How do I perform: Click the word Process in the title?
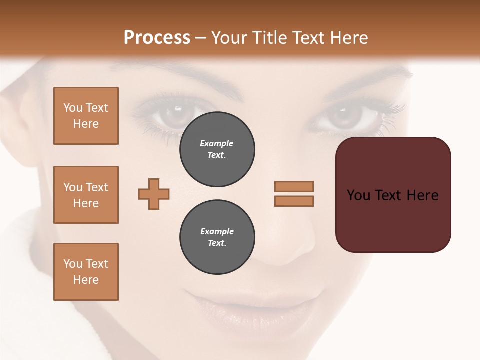tap(157, 38)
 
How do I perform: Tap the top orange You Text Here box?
tap(86, 116)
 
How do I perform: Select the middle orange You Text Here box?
tap(86, 195)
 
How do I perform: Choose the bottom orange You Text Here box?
tap(86, 272)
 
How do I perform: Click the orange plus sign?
tap(154, 194)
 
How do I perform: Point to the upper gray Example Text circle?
tap(217, 149)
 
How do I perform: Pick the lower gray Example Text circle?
tap(217, 237)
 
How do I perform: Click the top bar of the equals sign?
tap(294, 186)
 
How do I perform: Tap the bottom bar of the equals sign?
tap(294, 201)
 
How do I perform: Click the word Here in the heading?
tap(348, 38)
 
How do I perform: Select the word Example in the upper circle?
tap(217, 143)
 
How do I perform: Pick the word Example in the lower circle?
tap(217, 231)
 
